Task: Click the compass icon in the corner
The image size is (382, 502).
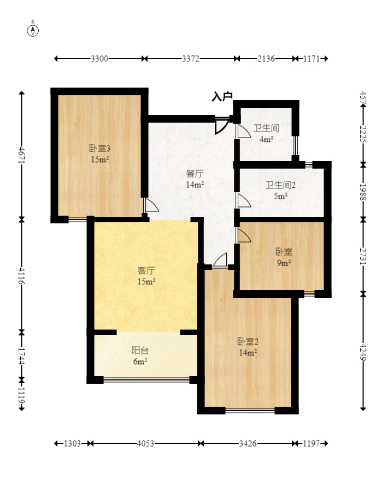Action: (x=33, y=30)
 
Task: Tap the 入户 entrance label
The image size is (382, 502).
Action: (x=222, y=96)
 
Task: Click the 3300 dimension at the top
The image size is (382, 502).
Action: (x=99, y=59)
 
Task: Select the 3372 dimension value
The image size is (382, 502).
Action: (x=191, y=59)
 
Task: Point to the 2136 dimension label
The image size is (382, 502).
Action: (x=266, y=59)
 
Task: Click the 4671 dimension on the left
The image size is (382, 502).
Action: (x=22, y=155)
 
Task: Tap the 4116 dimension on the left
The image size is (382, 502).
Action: (x=22, y=276)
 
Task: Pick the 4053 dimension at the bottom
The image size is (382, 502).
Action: (x=145, y=443)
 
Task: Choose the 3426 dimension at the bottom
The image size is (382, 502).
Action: (x=248, y=443)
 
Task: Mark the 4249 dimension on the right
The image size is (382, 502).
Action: (x=363, y=351)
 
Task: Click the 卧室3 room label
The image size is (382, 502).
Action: (x=99, y=148)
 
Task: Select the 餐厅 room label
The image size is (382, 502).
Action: (x=195, y=174)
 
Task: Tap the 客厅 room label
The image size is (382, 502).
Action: (x=146, y=270)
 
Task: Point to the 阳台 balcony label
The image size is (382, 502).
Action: (x=140, y=350)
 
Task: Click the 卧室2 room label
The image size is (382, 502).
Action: (x=248, y=342)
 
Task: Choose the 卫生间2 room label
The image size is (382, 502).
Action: (x=280, y=185)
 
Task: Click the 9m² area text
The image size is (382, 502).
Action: (x=284, y=263)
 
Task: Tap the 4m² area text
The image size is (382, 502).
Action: (x=266, y=139)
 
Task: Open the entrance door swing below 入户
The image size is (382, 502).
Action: (x=222, y=126)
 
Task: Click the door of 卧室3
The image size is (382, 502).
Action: (x=151, y=205)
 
